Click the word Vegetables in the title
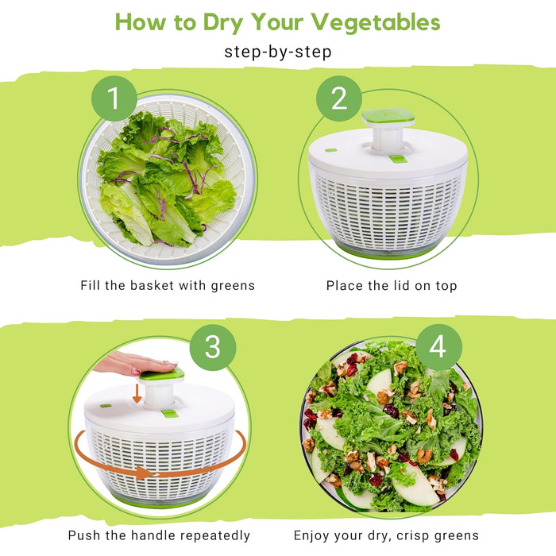coord(376,23)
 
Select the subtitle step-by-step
coord(278,52)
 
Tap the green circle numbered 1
coord(114,98)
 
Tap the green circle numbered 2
coord(339,98)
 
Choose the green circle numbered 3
coord(213,347)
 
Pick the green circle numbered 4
coord(438,347)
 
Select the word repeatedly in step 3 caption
coord(208,535)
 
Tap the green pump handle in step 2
coord(388,118)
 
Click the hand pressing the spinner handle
coord(136,364)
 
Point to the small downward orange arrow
coord(137,395)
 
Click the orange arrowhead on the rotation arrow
coord(145,473)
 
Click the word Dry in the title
coord(223,23)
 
